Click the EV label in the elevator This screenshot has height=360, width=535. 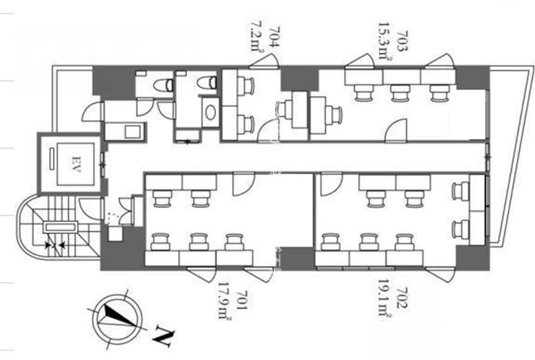pyautogui.click(x=76, y=164)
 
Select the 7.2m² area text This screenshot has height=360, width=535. pyautogui.click(x=257, y=37)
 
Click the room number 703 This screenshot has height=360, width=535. pyautogui.click(x=402, y=41)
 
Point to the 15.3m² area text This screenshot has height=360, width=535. pyautogui.click(x=385, y=41)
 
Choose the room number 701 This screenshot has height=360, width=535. pyautogui.click(x=241, y=300)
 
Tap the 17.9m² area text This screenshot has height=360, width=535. pyautogui.click(x=225, y=301)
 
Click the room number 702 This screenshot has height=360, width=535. pyautogui.click(x=402, y=298)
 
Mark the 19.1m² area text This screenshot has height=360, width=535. pyautogui.click(x=384, y=298)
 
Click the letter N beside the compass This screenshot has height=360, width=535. pyautogui.click(x=164, y=335)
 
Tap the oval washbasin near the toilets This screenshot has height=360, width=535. pyautogui.click(x=210, y=112)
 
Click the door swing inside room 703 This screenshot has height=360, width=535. pyautogui.click(x=396, y=130)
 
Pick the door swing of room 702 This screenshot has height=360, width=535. pyautogui.click(x=331, y=184)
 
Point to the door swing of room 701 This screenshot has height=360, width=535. pyautogui.click(x=243, y=184)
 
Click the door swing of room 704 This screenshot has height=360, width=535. pyautogui.click(x=269, y=131)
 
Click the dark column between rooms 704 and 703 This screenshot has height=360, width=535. pyautogui.click(x=299, y=79)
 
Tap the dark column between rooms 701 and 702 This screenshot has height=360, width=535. pyautogui.click(x=296, y=258)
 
